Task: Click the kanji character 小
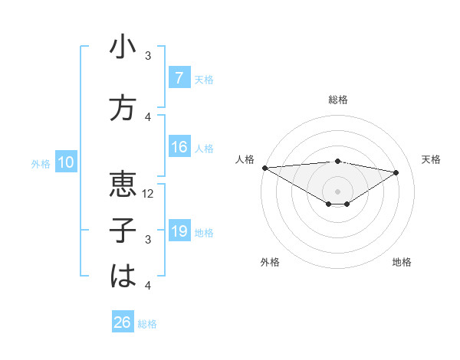pos(123,47)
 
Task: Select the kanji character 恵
pos(123,184)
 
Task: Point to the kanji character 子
pos(123,230)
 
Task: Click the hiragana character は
pos(123,276)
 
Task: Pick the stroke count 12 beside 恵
pos(149,194)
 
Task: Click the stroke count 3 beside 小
pos(149,56)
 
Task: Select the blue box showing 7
pos(179,77)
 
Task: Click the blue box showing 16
pos(179,147)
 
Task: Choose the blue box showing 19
pos(179,231)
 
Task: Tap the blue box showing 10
pos(66,162)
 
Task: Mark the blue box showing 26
pos(123,322)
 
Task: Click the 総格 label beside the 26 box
pos(147,324)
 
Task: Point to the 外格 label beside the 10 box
pos(41,163)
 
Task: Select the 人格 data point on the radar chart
pos(264,168)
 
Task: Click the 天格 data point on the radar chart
pos(396,172)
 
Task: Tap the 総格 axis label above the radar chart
pos(337,100)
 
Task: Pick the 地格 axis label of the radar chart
pos(402,262)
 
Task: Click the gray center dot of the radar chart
pos(337,190)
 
